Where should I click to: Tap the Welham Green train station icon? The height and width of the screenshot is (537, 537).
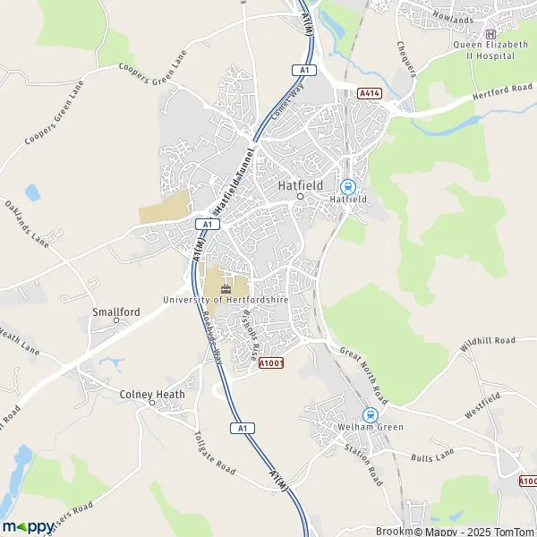pos(370,414)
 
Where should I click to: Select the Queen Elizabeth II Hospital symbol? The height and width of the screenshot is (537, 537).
pos(490,35)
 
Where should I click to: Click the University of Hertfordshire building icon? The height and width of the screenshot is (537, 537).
pos(225,287)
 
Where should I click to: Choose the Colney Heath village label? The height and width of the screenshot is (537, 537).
pos(152,394)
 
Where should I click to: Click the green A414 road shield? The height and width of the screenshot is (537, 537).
pos(369,93)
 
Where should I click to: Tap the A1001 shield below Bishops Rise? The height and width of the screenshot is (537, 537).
pos(271,363)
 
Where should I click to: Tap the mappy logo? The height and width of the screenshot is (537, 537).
pos(27,526)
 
